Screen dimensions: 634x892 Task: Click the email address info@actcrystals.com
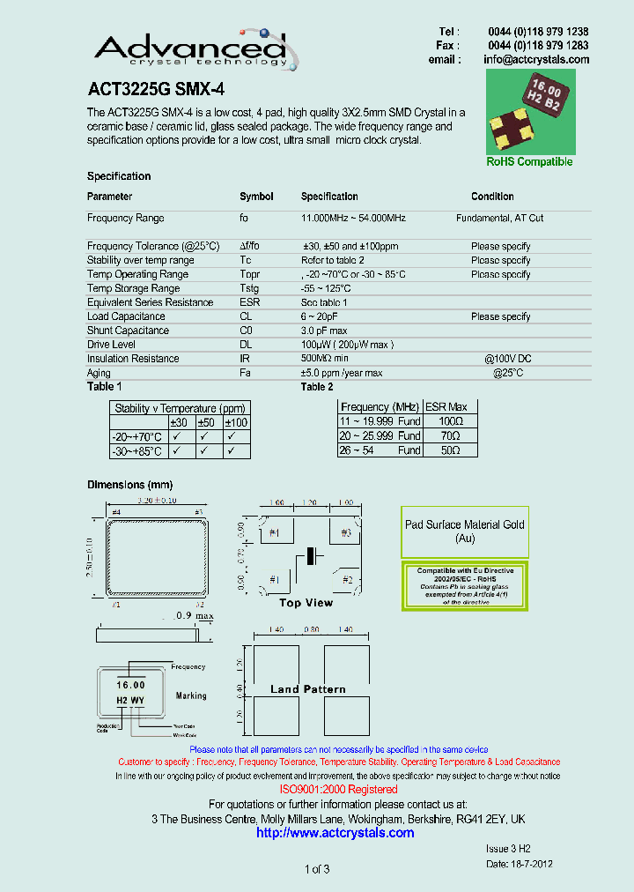click(x=536, y=59)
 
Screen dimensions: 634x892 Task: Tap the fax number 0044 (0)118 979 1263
click(x=538, y=45)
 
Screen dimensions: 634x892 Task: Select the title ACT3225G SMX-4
click(x=150, y=89)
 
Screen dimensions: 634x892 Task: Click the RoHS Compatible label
click(x=529, y=161)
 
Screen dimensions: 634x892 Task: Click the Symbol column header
click(x=256, y=197)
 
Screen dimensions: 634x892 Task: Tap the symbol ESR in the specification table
click(x=249, y=302)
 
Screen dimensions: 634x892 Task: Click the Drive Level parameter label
click(x=111, y=345)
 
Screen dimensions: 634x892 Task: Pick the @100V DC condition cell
click(x=507, y=359)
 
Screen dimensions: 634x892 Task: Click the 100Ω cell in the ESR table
click(x=450, y=422)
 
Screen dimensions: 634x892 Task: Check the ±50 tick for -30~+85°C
click(x=204, y=451)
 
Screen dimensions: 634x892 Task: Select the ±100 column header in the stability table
click(x=236, y=423)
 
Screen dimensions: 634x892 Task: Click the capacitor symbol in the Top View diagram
click(x=309, y=556)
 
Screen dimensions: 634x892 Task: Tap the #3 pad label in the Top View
click(x=345, y=533)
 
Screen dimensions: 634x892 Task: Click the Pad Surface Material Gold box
click(x=464, y=531)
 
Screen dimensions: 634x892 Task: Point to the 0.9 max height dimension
click(x=193, y=615)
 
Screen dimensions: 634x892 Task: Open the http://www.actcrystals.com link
click(x=335, y=832)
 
